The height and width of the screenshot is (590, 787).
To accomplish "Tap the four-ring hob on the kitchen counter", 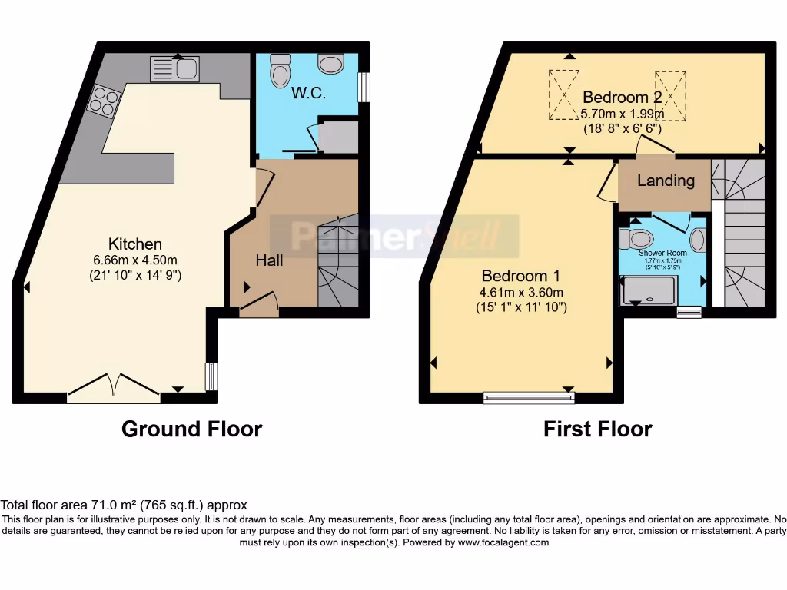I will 105,101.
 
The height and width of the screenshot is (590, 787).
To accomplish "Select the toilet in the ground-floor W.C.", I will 279,74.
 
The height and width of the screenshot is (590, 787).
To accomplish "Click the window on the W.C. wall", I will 365,87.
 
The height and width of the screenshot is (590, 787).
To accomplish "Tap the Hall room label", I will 269,260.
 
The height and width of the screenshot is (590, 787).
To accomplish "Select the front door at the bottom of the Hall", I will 258,305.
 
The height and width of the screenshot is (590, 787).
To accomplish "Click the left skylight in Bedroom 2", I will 565,94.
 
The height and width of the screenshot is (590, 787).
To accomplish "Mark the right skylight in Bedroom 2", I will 670,94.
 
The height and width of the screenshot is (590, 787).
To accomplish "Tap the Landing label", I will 666,181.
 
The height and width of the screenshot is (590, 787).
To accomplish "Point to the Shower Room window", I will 689,312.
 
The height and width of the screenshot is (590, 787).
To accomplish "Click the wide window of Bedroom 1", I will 529,397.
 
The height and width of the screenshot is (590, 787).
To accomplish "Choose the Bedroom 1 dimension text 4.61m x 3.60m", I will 522,293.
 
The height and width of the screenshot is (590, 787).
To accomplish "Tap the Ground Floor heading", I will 191,429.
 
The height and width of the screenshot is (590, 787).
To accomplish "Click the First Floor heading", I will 597,429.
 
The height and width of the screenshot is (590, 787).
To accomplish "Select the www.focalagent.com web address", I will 503,542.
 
